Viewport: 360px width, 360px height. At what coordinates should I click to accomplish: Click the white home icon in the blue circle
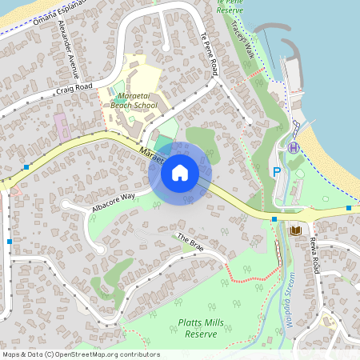[x=180, y=173]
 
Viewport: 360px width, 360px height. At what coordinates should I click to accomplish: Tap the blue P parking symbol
[x=277, y=171]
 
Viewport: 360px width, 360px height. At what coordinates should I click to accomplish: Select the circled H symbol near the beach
[x=294, y=147]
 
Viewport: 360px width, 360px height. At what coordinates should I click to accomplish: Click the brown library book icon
[x=296, y=230]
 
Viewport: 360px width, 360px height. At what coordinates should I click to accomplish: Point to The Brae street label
[x=190, y=243]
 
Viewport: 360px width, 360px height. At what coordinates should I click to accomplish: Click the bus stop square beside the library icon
[x=274, y=218]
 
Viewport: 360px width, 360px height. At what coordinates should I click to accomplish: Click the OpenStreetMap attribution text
[x=80, y=354]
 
